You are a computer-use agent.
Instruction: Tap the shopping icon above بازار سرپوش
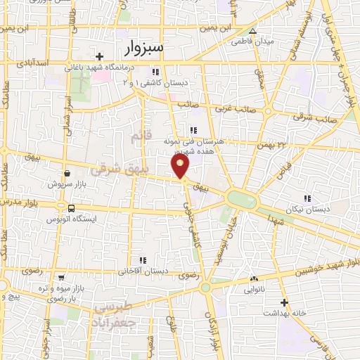click(x=66, y=171)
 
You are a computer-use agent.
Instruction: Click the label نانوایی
click(x=255, y=289)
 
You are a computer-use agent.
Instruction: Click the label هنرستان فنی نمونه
click(x=198, y=141)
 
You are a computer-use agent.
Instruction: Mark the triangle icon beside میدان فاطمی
click(x=252, y=32)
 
